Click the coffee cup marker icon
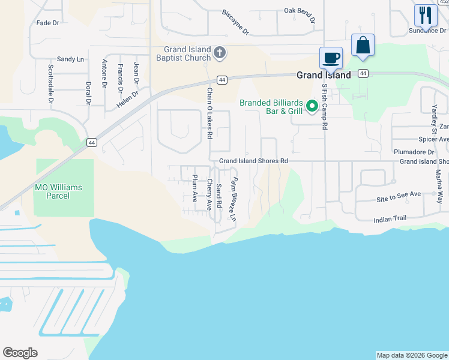tap(331, 59)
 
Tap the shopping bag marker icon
tap(363, 46)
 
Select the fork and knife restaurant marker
tap(426, 16)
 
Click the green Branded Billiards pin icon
tap(312, 106)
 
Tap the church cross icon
tap(220, 53)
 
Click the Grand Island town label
tap(324, 76)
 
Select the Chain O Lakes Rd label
tap(210, 113)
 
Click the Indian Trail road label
tap(390, 220)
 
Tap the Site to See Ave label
tap(399, 194)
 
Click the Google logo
tap(20, 353)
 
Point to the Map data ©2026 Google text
tap(411, 355)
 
